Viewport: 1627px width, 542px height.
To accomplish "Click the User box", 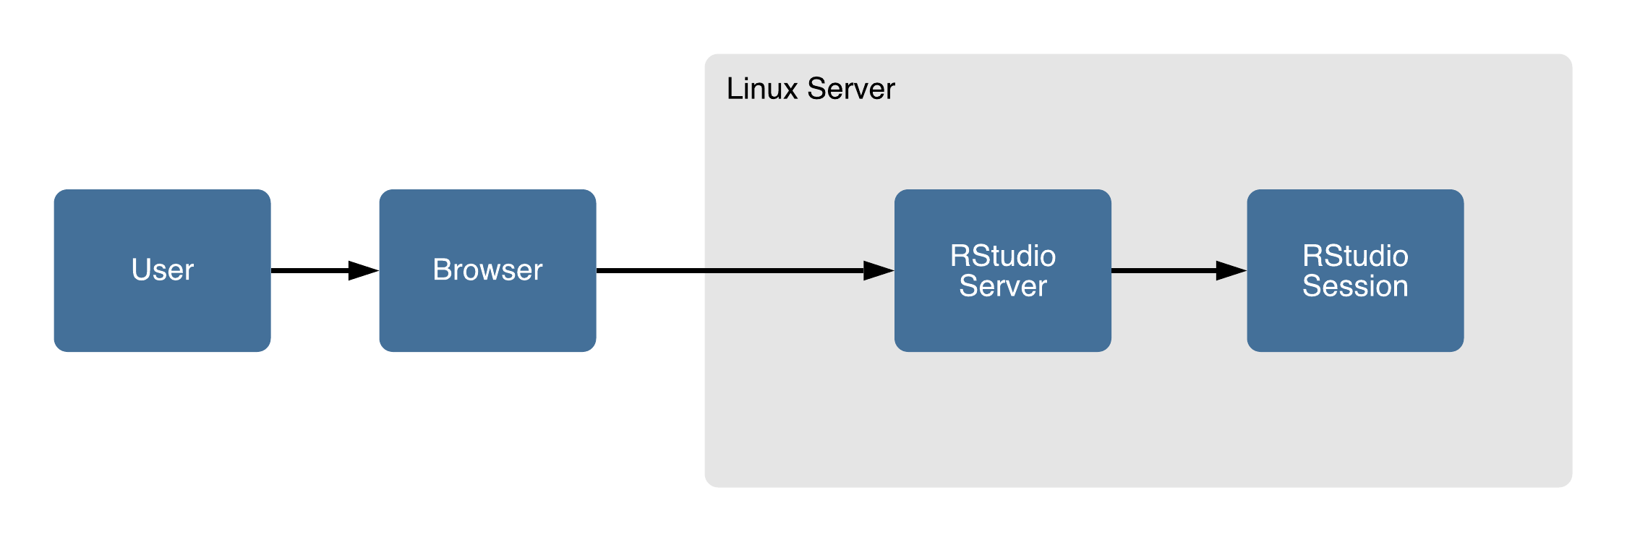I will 162,318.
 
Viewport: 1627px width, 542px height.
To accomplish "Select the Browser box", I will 487,318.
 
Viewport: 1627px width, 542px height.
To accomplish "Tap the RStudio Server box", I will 1002,325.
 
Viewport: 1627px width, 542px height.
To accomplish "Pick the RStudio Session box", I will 1355,325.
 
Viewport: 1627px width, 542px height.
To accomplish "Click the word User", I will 162,270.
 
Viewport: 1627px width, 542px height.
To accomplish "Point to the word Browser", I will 487,270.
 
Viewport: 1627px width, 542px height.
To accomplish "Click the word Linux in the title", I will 762,89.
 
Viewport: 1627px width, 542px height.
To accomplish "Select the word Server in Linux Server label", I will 851,89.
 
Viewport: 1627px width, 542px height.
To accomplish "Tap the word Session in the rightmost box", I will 1355,286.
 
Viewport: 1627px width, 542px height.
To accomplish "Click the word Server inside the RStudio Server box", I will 1002,286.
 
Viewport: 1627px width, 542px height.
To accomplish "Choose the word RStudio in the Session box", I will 1355,256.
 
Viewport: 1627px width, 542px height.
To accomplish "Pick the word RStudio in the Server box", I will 1002,256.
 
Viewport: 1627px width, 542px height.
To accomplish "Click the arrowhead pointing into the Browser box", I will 364,271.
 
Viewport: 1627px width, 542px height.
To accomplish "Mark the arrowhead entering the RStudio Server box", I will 879,271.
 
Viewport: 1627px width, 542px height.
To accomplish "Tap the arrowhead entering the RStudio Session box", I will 1231,271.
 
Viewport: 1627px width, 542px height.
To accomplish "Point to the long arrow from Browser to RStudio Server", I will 723,271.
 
